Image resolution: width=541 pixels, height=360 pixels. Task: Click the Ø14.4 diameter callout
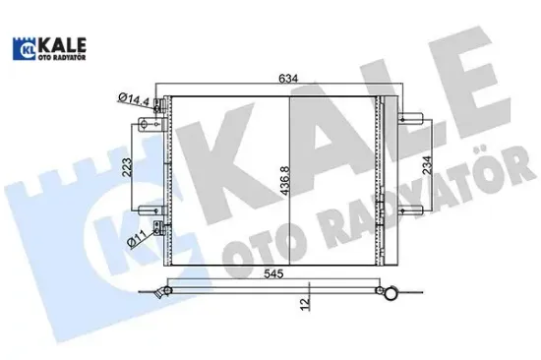[x=132, y=99]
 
